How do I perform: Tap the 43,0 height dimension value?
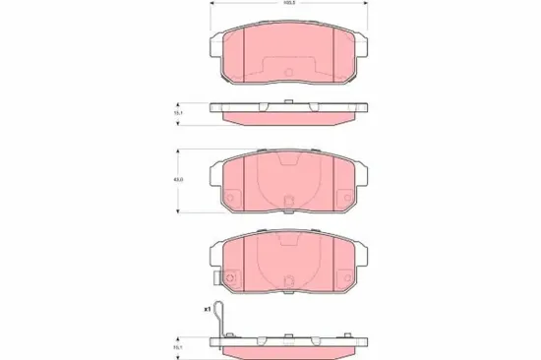pos(177,178)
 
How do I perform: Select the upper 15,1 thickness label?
pos(177,113)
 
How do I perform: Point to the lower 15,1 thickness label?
pos(177,344)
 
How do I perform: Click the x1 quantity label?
pos(208,309)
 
